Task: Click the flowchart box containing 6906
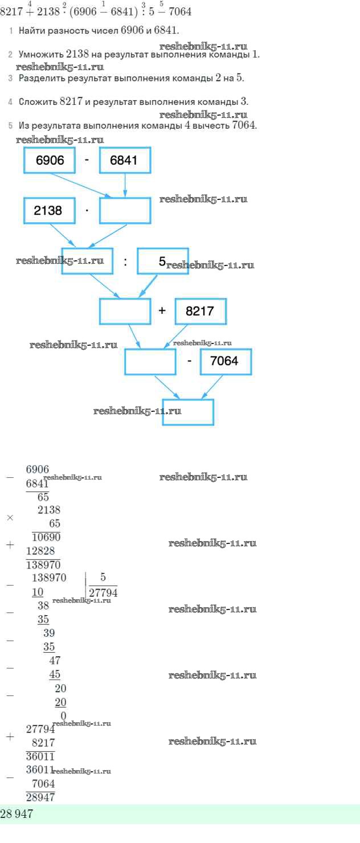50,160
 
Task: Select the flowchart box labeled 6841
125,160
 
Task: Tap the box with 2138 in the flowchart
50,210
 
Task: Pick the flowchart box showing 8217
201,311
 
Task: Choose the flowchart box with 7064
226,361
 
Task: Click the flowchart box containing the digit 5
163,261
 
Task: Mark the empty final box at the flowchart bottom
188,412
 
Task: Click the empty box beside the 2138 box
125,210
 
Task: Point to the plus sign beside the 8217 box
162,311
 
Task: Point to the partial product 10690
46,537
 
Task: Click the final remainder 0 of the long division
63,715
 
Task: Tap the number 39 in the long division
49,633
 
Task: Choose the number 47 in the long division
55,661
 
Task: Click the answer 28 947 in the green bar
17,815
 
